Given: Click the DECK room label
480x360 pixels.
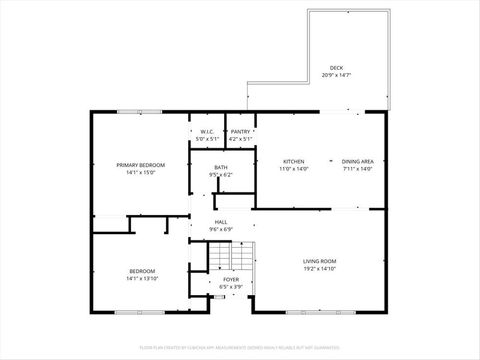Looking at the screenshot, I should [336, 68].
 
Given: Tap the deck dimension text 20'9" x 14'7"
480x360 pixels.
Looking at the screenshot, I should [336, 75].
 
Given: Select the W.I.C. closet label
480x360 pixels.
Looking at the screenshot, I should [207, 132].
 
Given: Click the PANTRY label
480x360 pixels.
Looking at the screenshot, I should [240, 132].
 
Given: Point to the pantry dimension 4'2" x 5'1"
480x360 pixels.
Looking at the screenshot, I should [240, 139].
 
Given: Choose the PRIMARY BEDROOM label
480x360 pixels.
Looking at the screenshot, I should [140, 164].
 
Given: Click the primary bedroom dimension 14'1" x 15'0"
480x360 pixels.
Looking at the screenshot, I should [140, 172].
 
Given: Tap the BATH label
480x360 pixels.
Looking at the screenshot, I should [221, 168].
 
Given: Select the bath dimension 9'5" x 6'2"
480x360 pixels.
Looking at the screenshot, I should [221, 175].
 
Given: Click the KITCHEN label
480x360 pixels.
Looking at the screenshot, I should [293, 161].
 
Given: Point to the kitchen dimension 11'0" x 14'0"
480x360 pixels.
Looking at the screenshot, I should [293, 169].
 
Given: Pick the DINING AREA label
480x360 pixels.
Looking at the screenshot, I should [358, 161].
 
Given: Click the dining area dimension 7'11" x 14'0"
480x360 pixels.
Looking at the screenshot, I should [358, 169].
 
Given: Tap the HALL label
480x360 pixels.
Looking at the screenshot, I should [221, 222].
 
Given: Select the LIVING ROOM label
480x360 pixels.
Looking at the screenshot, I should [320, 262].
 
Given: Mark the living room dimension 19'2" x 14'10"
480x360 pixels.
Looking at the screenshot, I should [320, 270].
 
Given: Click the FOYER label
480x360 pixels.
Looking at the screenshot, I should [231, 279].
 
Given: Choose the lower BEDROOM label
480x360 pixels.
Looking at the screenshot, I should [141, 271].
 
